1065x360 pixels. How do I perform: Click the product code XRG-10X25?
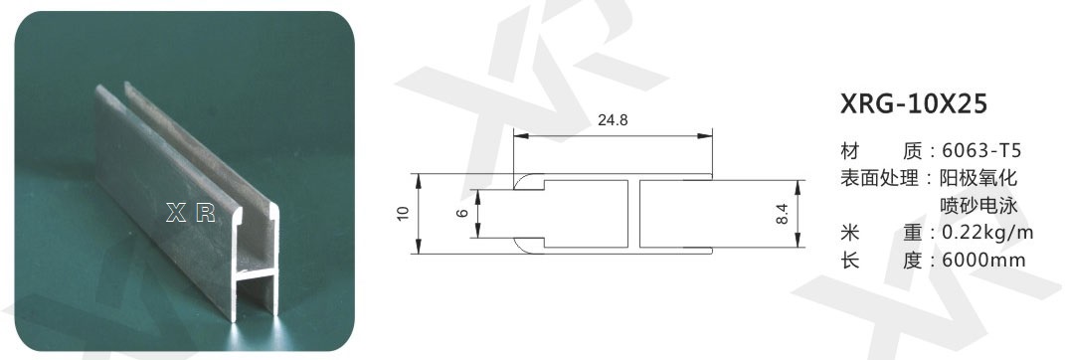914,104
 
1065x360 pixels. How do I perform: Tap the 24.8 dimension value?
613,121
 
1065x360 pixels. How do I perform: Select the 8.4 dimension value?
782,216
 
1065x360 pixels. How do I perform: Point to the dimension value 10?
404,213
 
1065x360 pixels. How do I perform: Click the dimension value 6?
463,213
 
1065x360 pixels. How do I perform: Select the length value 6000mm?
982,261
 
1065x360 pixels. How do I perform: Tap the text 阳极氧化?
978,178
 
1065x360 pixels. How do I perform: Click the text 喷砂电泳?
978,205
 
